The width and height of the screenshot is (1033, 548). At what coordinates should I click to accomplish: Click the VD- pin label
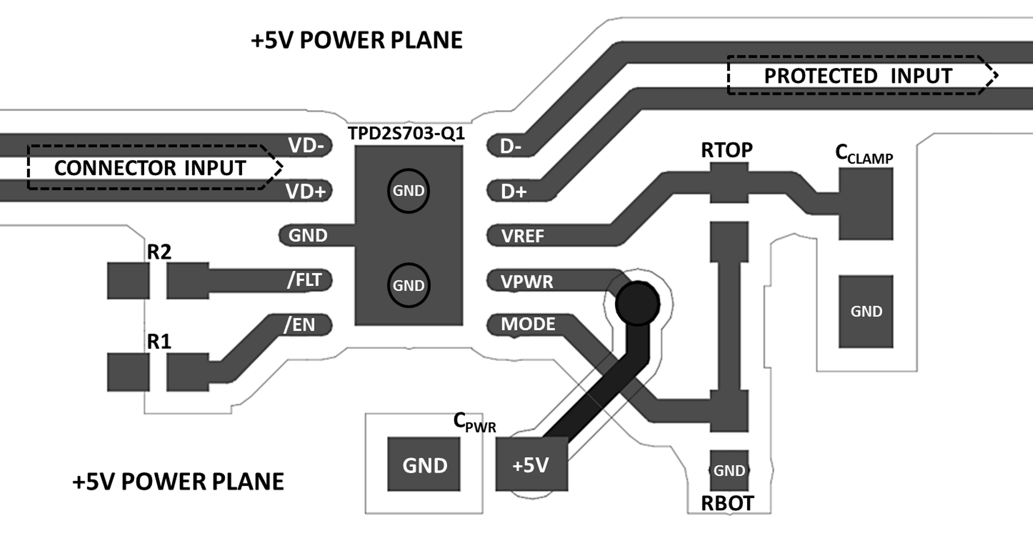coord(306,146)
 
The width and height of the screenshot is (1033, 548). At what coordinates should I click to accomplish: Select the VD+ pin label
coord(306,191)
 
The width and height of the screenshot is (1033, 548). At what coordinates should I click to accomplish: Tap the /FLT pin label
coord(304,280)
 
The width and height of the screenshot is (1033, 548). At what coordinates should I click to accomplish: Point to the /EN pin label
coord(300,325)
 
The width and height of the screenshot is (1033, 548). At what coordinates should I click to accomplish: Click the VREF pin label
coord(522,236)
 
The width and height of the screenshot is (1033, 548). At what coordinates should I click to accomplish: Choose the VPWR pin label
coord(527,282)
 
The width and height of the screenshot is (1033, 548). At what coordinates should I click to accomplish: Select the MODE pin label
coord(528,324)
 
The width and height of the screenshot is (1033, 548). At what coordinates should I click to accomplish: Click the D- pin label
coord(511,146)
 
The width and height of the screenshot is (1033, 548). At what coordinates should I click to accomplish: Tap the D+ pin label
coord(514,191)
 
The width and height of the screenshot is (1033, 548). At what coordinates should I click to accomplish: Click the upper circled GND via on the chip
coord(408,191)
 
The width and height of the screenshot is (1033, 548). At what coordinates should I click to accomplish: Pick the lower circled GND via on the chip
coord(408,285)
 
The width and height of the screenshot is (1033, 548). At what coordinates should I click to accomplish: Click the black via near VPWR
coord(637,304)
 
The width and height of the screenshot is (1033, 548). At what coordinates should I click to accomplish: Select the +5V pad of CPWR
coord(531,465)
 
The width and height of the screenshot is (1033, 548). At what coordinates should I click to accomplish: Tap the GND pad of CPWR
coord(424,465)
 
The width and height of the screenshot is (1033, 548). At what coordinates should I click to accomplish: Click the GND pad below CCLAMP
coord(866,311)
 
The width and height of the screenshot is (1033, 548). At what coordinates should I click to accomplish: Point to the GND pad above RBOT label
coord(729,471)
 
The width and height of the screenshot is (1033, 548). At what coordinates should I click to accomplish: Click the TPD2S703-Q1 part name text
coord(406,133)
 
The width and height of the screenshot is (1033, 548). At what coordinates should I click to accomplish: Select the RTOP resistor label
coord(727,150)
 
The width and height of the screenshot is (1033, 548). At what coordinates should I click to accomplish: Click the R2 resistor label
coord(159,252)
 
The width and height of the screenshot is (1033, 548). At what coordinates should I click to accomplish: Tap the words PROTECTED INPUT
coord(858,76)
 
